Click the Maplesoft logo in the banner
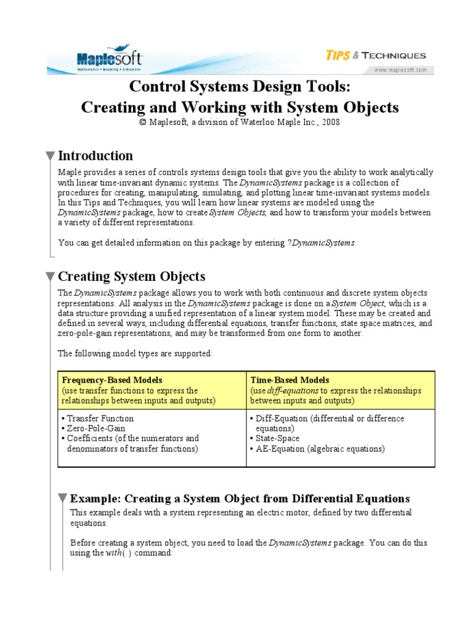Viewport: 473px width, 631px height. [x=110, y=60]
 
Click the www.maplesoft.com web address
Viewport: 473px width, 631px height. [x=400, y=70]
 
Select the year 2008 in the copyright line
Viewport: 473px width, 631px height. [x=329, y=122]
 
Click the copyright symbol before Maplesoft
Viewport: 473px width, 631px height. [x=143, y=122]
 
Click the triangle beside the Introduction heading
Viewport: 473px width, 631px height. [x=50, y=156]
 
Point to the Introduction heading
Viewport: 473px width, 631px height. [x=95, y=155]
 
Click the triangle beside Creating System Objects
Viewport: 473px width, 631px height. [x=50, y=277]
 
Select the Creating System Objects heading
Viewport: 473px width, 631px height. [x=131, y=276]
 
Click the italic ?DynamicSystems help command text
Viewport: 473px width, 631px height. [x=321, y=243]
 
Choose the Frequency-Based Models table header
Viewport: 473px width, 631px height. [x=111, y=380]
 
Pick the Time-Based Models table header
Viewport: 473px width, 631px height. [x=289, y=380]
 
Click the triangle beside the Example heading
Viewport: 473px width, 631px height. [x=62, y=499]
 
